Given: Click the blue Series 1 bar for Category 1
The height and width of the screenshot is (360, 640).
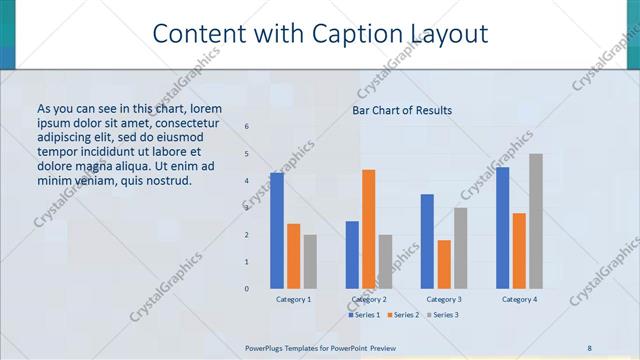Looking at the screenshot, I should coord(277,230).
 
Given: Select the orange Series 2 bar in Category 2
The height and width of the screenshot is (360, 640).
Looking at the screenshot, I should coord(369,229).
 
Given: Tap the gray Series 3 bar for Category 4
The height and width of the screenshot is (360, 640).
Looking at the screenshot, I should coord(536,221).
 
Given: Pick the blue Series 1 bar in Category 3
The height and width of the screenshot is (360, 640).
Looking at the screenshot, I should coord(427,241).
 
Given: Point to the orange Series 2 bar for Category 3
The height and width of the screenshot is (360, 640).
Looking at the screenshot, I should coord(444,264).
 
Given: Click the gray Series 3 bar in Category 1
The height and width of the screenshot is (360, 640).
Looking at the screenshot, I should coord(310,261).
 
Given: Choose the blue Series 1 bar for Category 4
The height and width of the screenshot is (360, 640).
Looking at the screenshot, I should coord(502,227).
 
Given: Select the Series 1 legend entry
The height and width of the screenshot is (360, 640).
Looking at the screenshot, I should coord(366,315).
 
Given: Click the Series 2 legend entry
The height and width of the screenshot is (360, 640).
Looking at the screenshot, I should coord(402,315).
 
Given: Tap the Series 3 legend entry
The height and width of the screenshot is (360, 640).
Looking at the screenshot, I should coord(440,315).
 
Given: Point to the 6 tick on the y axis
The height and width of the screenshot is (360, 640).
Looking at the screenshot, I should coord(247,127).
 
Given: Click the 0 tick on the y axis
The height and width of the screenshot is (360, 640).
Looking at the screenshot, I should coord(247,288).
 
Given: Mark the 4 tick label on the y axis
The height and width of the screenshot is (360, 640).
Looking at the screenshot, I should coord(247,181).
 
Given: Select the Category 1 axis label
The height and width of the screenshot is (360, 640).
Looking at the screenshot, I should coord(293,299).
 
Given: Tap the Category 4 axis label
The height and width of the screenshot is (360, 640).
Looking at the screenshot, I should coord(519,299).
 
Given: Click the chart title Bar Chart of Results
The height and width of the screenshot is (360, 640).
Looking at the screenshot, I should coord(402,110).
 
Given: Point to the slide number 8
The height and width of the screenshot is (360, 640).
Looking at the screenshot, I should coord(589,347).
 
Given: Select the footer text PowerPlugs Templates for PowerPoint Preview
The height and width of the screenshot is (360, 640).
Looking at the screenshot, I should coord(320,347).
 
